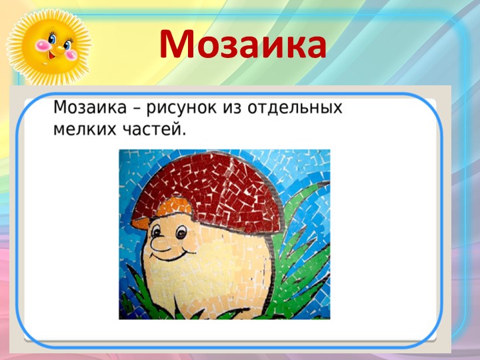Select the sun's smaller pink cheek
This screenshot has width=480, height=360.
click(x=69, y=47)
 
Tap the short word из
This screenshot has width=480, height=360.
click(x=229, y=108)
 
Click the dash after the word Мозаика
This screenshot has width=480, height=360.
click(x=126, y=109)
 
